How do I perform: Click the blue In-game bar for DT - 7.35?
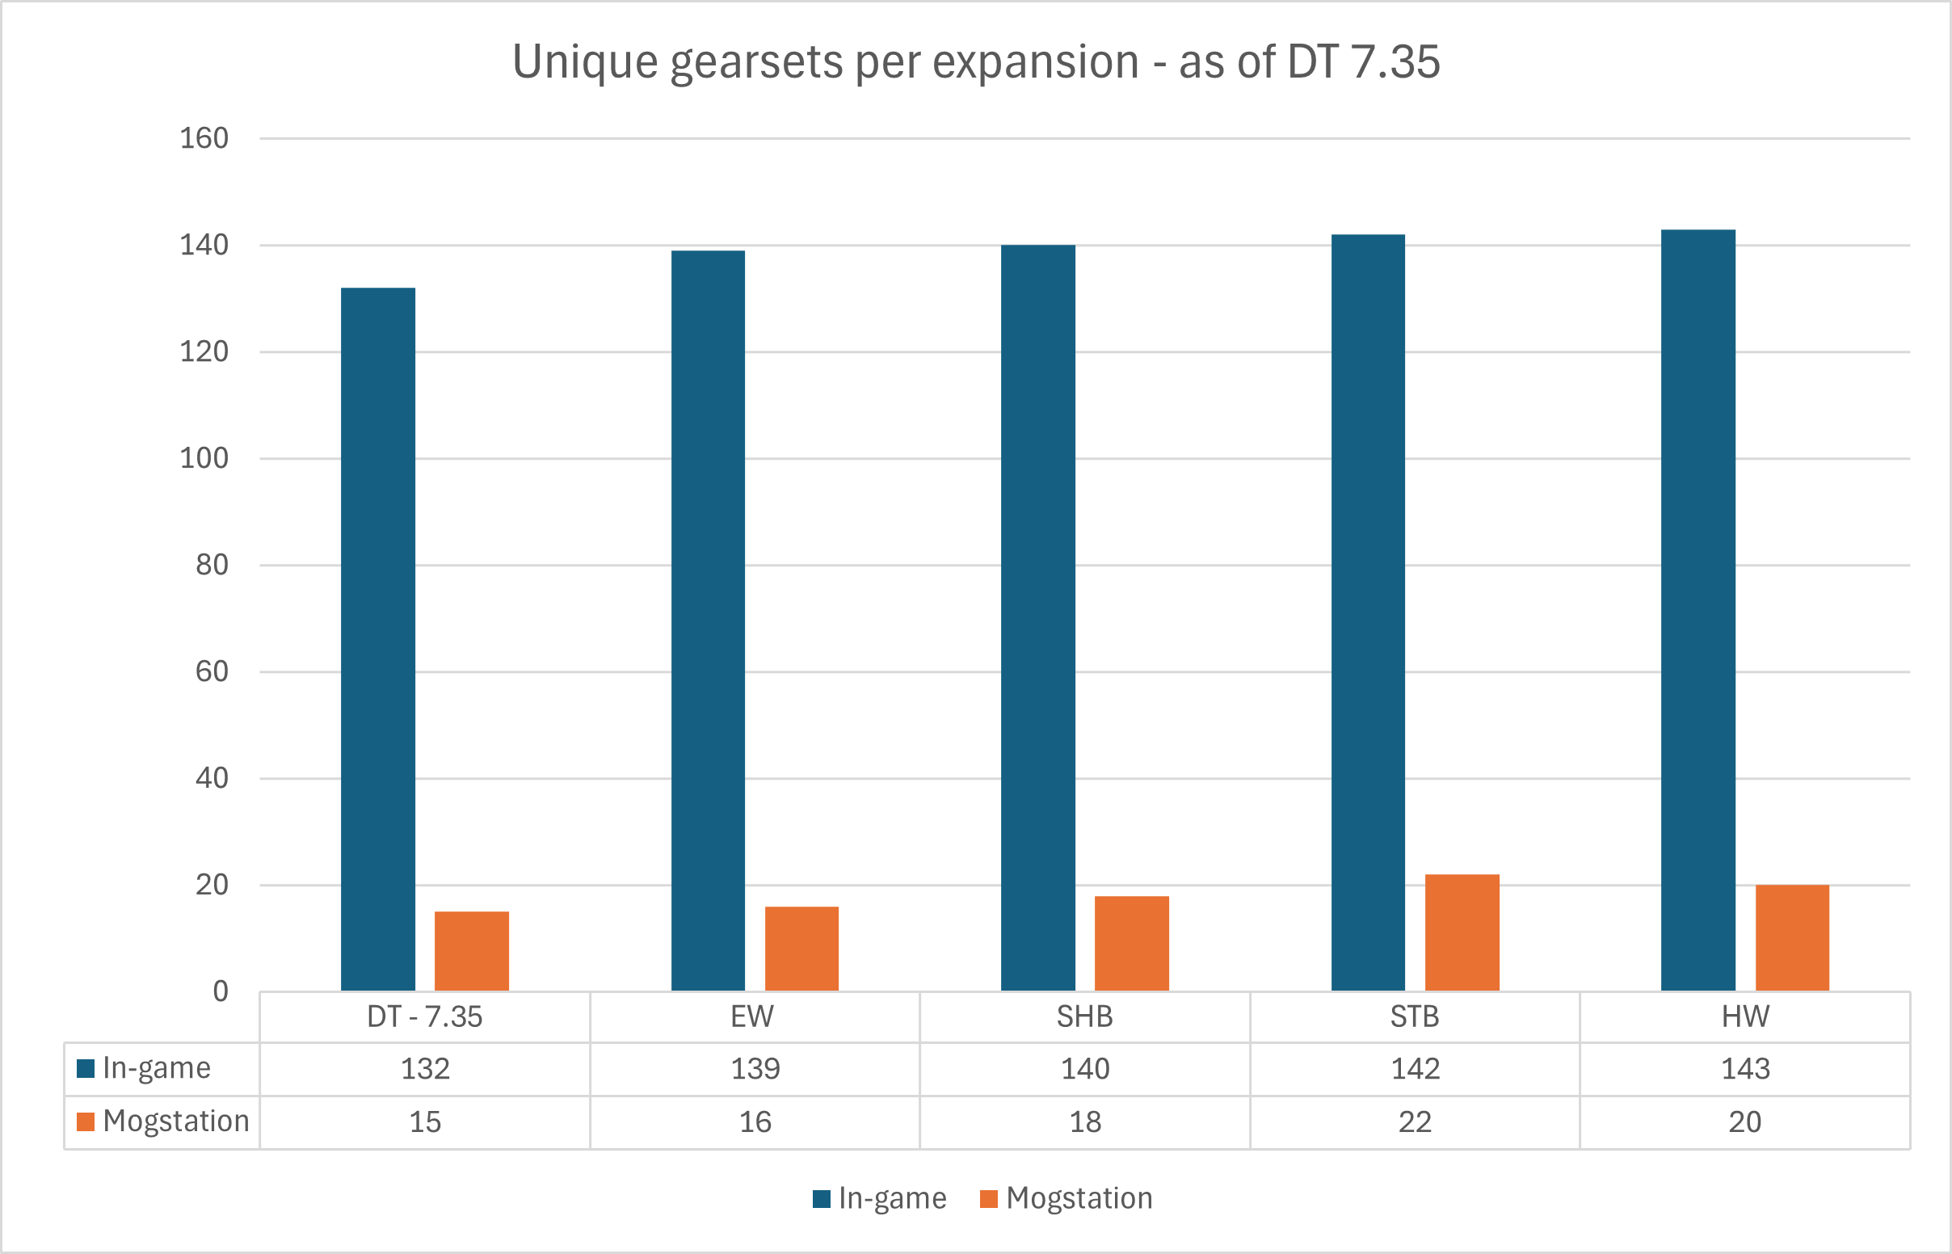[377, 639]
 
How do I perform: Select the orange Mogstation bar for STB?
[1462, 932]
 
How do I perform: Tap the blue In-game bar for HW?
[1698, 610]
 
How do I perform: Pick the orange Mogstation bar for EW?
[801, 949]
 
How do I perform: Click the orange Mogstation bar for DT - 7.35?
[471, 951]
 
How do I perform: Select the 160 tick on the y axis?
[204, 138]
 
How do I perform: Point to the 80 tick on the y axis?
[212, 565]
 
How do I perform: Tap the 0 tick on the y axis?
[220, 991]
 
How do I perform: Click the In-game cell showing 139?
[755, 1068]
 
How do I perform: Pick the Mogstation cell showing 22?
[1415, 1122]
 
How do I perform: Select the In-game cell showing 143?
[1744, 1068]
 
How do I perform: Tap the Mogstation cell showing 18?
[1085, 1122]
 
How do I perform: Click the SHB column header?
[1085, 1017]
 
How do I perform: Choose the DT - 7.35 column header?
[424, 1017]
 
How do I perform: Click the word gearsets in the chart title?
[756, 62]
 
